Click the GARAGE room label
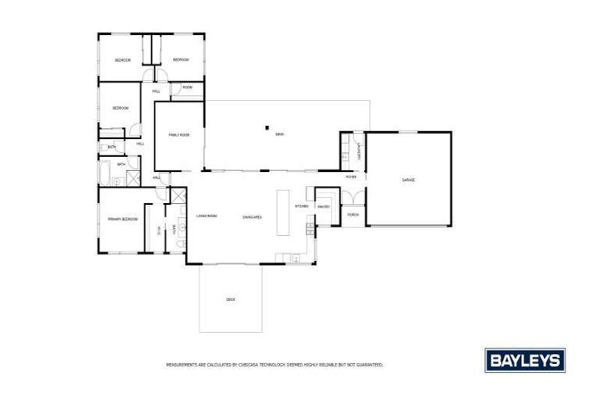click(x=408, y=180)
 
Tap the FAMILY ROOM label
click(x=179, y=135)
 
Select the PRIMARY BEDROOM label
click(x=122, y=220)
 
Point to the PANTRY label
click(x=324, y=206)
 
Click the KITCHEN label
click(x=302, y=205)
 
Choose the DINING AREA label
click(x=251, y=216)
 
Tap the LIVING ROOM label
click(x=207, y=216)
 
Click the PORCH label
click(x=353, y=214)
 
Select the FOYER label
click(x=351, y=177)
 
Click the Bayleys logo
click(x=525, y=360)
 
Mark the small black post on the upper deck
click(x=266, y=127)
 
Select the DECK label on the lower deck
click(x=230, y=299)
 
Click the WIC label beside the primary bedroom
click(x=159, y=227)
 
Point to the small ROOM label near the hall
click(x=187, y=87)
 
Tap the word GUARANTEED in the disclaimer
click(x=367, y=365)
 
